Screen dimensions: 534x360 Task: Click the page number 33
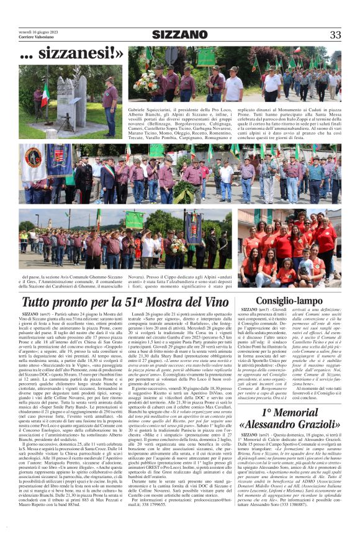[335, 35]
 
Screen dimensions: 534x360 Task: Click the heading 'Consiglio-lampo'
[289, 300]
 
